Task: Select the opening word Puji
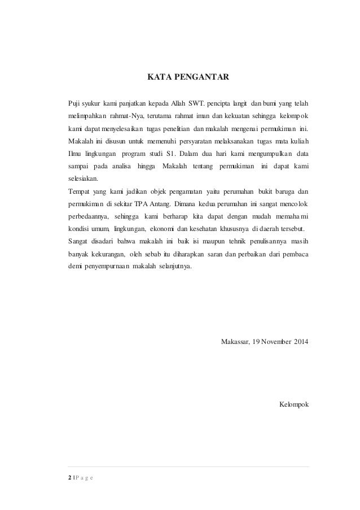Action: (73, 104)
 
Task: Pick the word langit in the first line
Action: (239, 104)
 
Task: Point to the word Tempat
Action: (78, 191)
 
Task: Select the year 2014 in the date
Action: (301, 343)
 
